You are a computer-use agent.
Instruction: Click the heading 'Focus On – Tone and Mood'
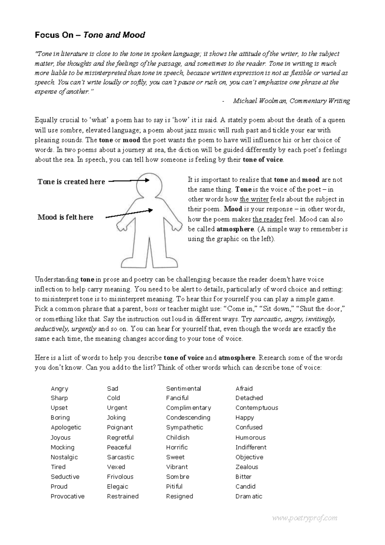click(x=90, y=35)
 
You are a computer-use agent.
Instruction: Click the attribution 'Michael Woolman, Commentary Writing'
click(x=291, y=101)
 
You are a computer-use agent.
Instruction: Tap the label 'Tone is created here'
click(x=71, y=182)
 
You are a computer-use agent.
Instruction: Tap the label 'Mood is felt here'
click(x=65, y=217)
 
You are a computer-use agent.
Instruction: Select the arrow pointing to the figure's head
click(x=128, y=181)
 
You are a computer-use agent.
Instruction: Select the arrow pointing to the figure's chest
click(x=128, y=214)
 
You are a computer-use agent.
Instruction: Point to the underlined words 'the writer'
click(x=254, y=199)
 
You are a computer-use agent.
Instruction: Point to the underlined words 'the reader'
click(x=268, y=219)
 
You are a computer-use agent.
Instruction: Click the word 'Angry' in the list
click(x=59, y=389)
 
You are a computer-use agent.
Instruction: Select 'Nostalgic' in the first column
click(x=64, y=457)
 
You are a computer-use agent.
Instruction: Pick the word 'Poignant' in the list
click(x=120, y=428)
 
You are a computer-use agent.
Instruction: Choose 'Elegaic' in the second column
click(x=117, y=487)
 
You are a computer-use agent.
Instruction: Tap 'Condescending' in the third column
click(x=188, y=418)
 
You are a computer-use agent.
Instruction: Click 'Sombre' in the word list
click(x=177, y=477)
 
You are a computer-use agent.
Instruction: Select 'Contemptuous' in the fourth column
click(x=257, y=408)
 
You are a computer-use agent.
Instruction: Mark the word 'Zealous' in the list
click(x=247, y=467)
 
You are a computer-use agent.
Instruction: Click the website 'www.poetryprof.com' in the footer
click(x=304, y=518)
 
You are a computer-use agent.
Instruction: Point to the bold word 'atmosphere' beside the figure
click(x=235, y=229)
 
